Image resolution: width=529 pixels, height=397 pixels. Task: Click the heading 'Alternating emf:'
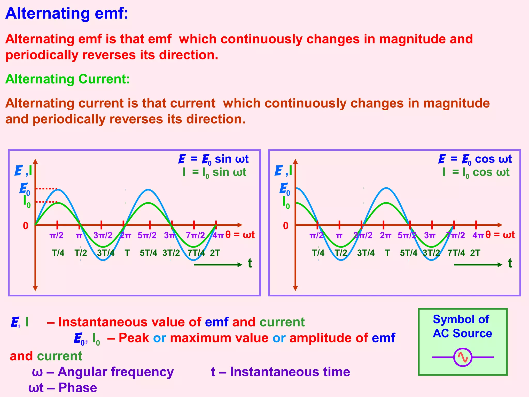67,13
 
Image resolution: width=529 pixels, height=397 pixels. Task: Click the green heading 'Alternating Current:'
68,79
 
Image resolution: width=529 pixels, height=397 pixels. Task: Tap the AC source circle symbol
463,357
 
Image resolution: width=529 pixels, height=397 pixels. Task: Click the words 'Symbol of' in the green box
461,319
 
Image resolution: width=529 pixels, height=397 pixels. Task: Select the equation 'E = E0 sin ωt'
213,159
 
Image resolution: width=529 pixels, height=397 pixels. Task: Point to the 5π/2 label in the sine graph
147,235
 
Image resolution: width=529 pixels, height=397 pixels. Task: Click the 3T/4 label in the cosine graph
366,253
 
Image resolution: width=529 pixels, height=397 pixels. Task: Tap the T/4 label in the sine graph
58,253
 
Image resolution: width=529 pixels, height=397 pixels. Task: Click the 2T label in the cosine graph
475,253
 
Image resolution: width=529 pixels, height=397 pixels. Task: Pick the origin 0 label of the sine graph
26,226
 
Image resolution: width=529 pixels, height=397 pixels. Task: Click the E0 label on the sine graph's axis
25,189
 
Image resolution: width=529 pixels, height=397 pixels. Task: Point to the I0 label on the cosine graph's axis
286,202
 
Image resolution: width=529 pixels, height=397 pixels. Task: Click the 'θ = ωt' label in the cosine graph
500,235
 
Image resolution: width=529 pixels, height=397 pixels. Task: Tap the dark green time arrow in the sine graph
218,264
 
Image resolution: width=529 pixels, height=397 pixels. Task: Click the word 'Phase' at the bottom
78,388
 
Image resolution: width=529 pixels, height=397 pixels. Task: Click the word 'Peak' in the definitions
134,338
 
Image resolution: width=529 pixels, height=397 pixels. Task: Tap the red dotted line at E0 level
47,189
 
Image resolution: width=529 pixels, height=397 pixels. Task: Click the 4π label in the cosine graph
478,235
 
